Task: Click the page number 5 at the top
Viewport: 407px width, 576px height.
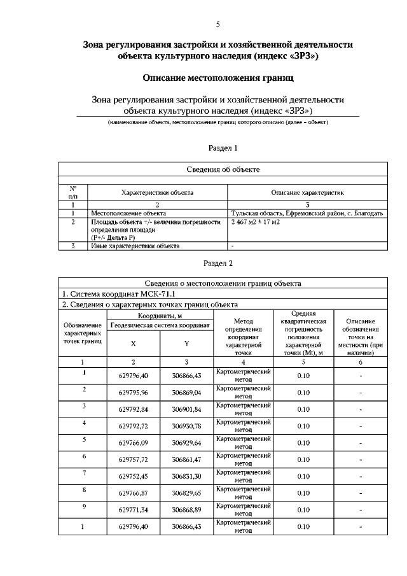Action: pyautogui.click(x=218, y=25)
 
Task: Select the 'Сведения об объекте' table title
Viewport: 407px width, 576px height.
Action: pyautogui.click(x=223, y=169)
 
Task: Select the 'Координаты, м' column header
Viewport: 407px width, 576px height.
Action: pyautogui.click(x=160, y=316)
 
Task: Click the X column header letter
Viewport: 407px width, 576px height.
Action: pyautogui.click(x=133, y=343)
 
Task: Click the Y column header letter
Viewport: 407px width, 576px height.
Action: pyautogui.click(x=187, y=343)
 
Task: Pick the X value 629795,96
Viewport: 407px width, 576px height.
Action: pyautogui.click(x=133, y=393)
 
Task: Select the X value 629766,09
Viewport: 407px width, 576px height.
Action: pyautogui.click(x=133, y=442)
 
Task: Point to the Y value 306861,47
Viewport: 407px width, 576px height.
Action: pyautogui.click(x=187, y=459)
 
